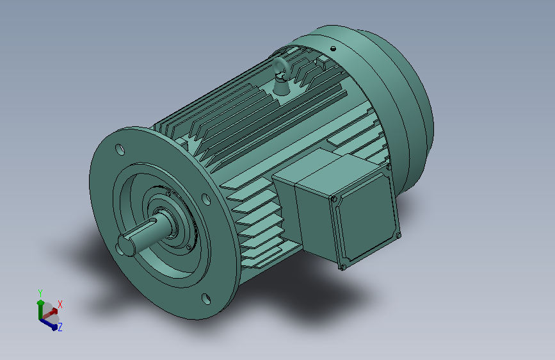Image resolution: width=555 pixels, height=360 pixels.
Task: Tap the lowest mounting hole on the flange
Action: pyautogui.click(x=205, y=298)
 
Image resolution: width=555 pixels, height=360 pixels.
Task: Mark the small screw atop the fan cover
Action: pyautogui.click(x=333, y=49)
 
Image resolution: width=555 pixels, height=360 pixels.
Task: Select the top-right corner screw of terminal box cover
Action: pyautogui.click(x=388, y=167)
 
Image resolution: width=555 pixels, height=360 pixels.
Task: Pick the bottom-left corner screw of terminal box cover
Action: pyautogui.click(x=343, y=267)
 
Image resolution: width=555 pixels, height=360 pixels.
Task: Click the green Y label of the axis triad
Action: pyautogui.click(x=40, y=291)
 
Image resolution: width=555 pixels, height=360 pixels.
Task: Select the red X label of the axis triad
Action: pyautogui.click(x=60, y=304)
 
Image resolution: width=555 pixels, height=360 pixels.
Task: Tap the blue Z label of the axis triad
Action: pyautogui.click(x=60, y=327)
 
